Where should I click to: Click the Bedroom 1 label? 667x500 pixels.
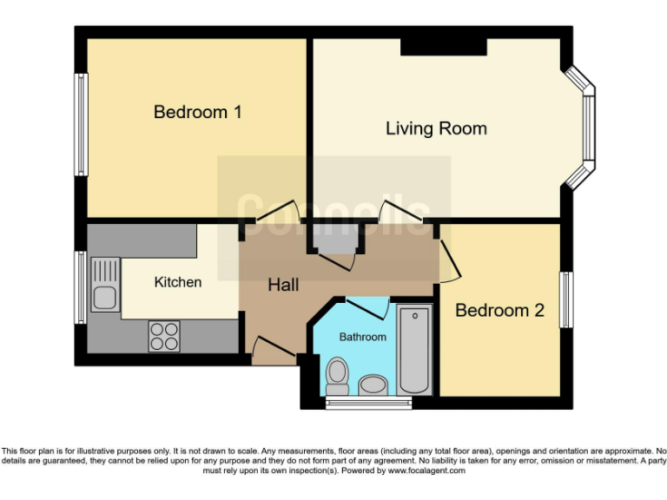coord(197,112)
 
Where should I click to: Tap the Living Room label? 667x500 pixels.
coord(436,128)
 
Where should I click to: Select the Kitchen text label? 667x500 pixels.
coord(178,282)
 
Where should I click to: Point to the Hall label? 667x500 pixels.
coord(283,285)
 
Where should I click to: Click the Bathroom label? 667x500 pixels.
coord(362,337)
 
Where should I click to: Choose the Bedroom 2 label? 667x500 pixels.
coord(499,310)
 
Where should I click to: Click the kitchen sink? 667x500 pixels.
coord(104,286)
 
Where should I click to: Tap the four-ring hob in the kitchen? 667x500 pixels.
coord(164,336)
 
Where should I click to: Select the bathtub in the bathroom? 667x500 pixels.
coord(414,348)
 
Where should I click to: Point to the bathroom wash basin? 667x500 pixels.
coord(374,385)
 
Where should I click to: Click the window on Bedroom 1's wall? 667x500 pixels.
coord(81,123)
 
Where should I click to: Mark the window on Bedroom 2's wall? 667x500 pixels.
coord(565,300)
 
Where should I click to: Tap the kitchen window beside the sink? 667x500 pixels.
coord(80,287)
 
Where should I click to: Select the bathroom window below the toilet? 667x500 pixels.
coord(357,403)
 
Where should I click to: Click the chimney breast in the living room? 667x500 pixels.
coord(443,47)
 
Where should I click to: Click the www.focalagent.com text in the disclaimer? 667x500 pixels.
coord(426,471)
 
